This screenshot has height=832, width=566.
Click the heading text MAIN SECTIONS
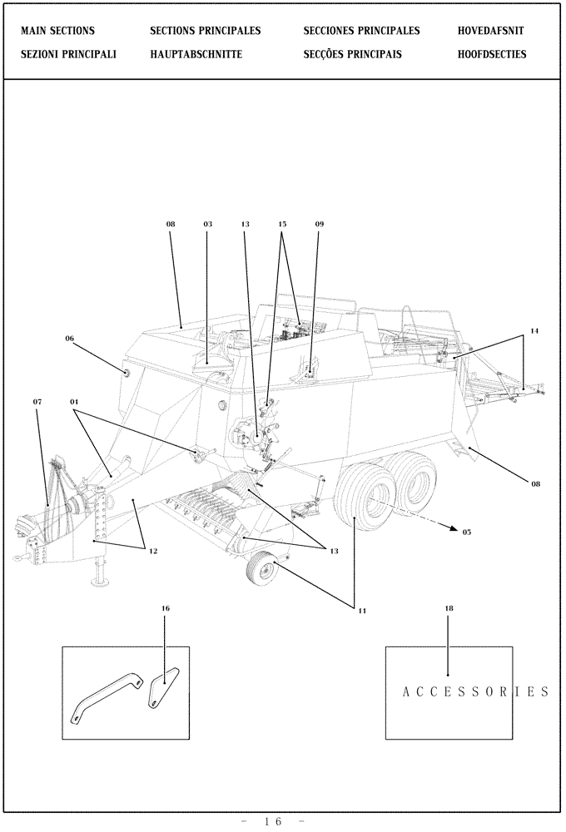tap(57, 31)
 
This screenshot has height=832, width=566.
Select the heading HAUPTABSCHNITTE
tap(196, 54)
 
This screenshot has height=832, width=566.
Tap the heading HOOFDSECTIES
tap(491, 54)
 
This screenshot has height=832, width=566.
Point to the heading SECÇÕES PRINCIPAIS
tap(353, 54)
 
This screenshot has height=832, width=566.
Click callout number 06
tap(69, 339)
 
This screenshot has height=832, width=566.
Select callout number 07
tap(37, 402)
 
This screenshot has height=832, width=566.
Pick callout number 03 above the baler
tap(207, 224)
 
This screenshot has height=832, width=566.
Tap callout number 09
tap(320, 224)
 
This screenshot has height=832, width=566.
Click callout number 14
tap(534, 331)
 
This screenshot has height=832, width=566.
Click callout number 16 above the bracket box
tap(165, 608)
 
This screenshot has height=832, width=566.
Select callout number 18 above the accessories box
tap(449, 608)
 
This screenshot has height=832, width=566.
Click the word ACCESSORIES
tap(474, 691)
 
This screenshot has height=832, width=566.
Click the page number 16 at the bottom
tap(274, 822)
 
